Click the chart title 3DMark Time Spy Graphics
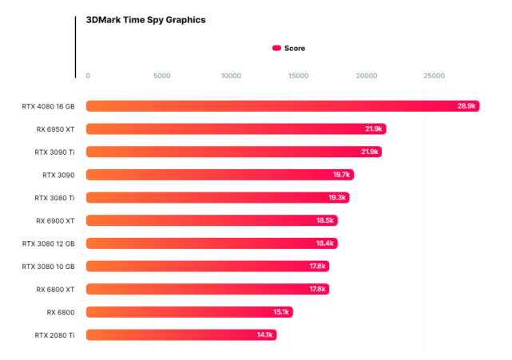tap(145, 20)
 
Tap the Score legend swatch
tap(276, 48)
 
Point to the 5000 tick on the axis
tap(161, 76)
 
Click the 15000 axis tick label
tap(297, 76)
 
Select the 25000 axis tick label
tap(434, 76)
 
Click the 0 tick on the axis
tap(88, 76)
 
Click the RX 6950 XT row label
tap(55, 129)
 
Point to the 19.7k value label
tap(342, 175)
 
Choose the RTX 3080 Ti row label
tap(54, 197)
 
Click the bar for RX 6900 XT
tap(212, 220)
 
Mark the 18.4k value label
tap(325, 243)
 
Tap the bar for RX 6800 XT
tap(207, 289)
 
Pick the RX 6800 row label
tap(61, 312)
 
